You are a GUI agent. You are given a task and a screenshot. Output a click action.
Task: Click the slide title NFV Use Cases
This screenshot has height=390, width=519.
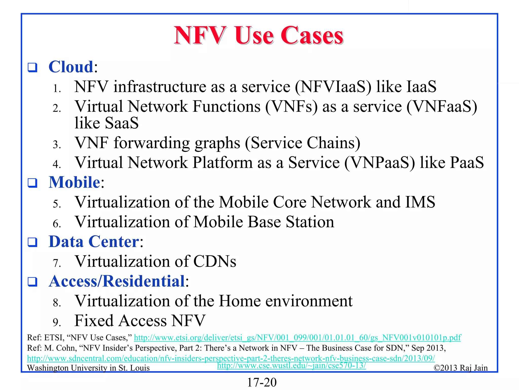(x=258, y=36)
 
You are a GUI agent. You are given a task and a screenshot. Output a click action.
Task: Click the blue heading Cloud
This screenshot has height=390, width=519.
(x=71, y=67)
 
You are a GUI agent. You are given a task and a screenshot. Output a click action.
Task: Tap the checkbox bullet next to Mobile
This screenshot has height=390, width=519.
(x=32, y=183)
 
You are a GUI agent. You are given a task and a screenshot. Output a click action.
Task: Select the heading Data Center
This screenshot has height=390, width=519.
(x=94, y=241)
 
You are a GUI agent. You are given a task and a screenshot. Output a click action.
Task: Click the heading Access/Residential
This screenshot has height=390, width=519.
(x=117, y=281)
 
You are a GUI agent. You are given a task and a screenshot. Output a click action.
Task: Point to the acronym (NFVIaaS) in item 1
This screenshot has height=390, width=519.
(x=333, y=87)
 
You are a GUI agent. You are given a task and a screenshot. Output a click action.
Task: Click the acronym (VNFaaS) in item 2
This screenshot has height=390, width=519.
(x=441, y=106)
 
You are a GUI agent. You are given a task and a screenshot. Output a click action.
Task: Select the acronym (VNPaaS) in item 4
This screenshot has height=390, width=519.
(x=379, y=163)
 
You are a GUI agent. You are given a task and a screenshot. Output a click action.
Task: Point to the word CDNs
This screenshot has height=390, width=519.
(x=215, y=262)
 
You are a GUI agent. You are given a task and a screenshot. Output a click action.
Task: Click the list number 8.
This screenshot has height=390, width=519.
(x=57, y=303)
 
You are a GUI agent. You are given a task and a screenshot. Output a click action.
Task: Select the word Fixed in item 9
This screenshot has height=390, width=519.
(x=94, y=321)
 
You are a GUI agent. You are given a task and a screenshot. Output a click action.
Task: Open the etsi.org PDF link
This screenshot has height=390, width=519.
(x=297, y=337)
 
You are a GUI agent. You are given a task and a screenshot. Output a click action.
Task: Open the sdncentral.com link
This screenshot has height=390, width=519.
(x=231, y=358)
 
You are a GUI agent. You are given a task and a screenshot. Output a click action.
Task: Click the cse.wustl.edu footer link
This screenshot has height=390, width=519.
(x=291, y=365)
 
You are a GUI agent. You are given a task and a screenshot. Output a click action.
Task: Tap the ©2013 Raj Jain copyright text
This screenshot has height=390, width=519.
(x=460, y=368)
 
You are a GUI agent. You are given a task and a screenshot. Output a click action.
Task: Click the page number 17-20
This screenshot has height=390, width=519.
(x=262, y=382)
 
